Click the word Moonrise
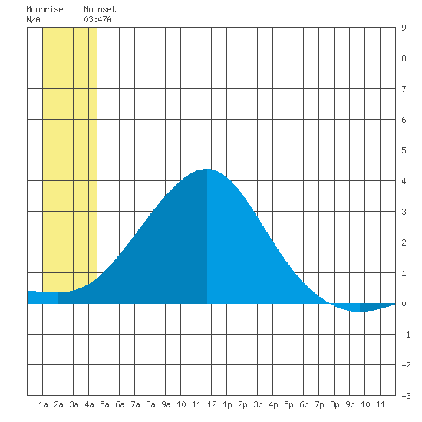pos(45,9)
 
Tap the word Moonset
pos(100,9)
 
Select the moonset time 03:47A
pos(97,19)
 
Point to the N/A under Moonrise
pos(33,19)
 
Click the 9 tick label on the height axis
pos(404,28)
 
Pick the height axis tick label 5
pos(404,150)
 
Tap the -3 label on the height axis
pos(406,396)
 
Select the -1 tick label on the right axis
pos(406,335)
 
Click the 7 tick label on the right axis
pos(404,89)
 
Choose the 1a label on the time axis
pos(43,404)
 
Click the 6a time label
pos(120,404)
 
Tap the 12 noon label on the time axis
pos(212,404)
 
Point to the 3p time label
pos(258,404)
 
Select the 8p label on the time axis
pos(335,404)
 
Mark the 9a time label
pos(166,404)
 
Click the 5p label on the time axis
pos(288,404)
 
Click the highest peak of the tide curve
pos(207,170)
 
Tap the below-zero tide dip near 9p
pos(356,311)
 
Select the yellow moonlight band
pos(70,159)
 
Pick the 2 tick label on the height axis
pos(404,242)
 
